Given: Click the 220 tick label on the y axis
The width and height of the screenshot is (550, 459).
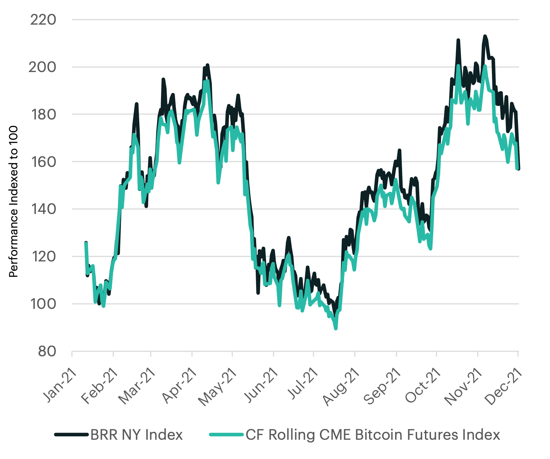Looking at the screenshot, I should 43,20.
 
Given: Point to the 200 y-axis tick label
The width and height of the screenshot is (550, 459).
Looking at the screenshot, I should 42,67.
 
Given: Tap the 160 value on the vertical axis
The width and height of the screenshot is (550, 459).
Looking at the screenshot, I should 43,162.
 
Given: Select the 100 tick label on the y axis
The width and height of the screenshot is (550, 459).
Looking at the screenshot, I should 43,304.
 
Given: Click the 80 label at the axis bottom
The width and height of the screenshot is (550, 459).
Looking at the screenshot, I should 47,352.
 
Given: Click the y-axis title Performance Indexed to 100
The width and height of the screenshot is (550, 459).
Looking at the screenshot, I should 13,202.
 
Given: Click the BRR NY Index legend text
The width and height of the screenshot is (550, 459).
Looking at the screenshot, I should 136,435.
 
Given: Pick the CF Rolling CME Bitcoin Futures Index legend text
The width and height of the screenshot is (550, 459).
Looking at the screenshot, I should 373,435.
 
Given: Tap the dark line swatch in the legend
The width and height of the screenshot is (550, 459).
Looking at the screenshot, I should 71,435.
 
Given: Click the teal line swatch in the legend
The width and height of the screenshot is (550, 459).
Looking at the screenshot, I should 227,435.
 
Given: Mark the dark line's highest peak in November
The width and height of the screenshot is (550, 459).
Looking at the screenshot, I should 485,36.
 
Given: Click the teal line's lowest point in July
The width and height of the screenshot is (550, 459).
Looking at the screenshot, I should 336,328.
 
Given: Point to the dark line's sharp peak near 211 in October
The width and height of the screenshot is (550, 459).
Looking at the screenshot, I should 458,40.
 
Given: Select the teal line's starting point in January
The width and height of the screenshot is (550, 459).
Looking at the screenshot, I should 86,243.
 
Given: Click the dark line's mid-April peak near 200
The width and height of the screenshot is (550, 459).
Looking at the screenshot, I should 207,65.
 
